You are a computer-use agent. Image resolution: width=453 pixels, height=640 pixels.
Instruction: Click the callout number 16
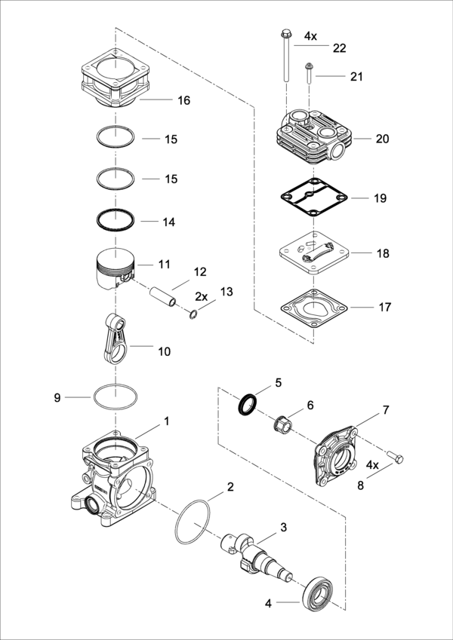(184, 100)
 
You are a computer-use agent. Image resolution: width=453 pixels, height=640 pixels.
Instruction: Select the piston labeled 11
(116, 269)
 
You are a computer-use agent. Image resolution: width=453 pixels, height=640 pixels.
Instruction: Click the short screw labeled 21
(309, 72)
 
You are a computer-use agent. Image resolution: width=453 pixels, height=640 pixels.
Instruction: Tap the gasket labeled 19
(314, 198)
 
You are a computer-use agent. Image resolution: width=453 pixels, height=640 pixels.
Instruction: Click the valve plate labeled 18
(313, 253)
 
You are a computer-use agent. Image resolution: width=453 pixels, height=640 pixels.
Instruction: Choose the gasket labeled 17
(313, 308)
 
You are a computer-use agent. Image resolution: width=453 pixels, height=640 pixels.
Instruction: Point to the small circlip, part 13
(193, 314)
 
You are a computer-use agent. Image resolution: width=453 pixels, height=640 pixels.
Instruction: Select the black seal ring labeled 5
(248, 405)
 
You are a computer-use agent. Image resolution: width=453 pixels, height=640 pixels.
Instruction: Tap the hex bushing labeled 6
(282, 425)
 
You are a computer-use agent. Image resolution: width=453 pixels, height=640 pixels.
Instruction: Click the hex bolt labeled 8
(395, 457)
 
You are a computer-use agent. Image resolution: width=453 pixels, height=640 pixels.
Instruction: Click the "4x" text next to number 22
(310, 36)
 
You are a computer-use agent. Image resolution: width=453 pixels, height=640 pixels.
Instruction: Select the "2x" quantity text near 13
(201, 296)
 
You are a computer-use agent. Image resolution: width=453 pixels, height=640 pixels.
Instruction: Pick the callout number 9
(57, 397)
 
